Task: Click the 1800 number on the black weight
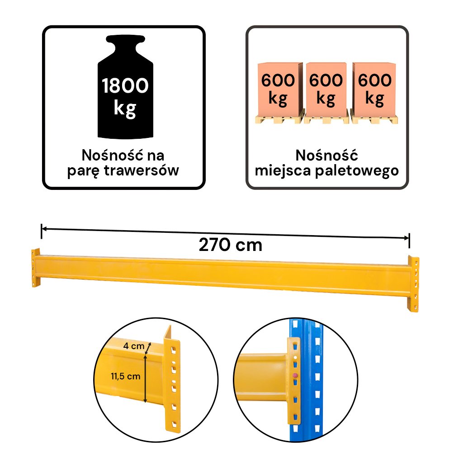[125, 85]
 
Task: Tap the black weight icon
[126, 87]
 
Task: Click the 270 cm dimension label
[231, 245]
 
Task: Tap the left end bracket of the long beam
[36, 268]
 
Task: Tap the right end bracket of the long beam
[413, 284]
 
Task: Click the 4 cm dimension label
[134, 346]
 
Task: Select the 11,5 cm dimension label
[126, 376]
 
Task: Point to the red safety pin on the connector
[295, 376]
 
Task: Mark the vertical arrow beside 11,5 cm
[145, 378]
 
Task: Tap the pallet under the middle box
[326, 119]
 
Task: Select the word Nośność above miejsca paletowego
[326, 156]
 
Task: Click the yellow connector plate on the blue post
[293, 381]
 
